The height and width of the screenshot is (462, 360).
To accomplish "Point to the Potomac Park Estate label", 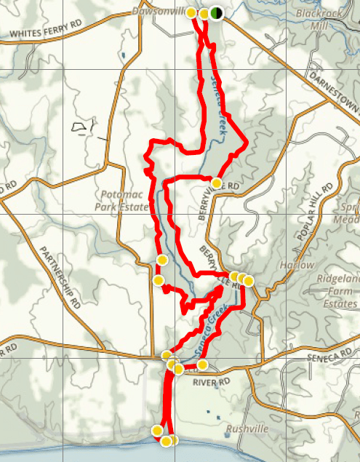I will point(127,201).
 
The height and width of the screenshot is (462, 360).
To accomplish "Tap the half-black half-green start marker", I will point(216,12).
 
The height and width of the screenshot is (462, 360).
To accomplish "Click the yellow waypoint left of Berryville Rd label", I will point(216,182).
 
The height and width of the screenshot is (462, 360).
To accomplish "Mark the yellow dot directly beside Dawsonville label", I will point(191,12).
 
